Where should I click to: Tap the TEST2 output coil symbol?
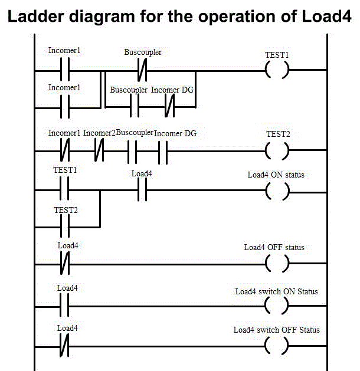click(x=277, y=150)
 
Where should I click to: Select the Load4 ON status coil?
click(x=277, y=191)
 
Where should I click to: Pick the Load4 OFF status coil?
click(x=277, y=264)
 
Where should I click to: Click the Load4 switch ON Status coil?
click(x=277, y=306)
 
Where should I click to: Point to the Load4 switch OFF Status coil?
click(x=277, y=346)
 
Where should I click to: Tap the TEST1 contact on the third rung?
click(x=66, y=191)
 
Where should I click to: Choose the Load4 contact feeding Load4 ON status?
click(x=142, y=191)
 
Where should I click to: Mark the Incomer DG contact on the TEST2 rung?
click(x=163, y=150)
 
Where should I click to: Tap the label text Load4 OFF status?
click(x=274, y=247)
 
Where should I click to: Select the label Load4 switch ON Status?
click(x=276, y=291)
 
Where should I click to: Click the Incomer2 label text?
click(x=99, y=133)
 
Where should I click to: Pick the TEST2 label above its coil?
click(x=277, y=134)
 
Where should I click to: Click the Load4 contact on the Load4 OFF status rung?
click(x=66, y=264)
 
